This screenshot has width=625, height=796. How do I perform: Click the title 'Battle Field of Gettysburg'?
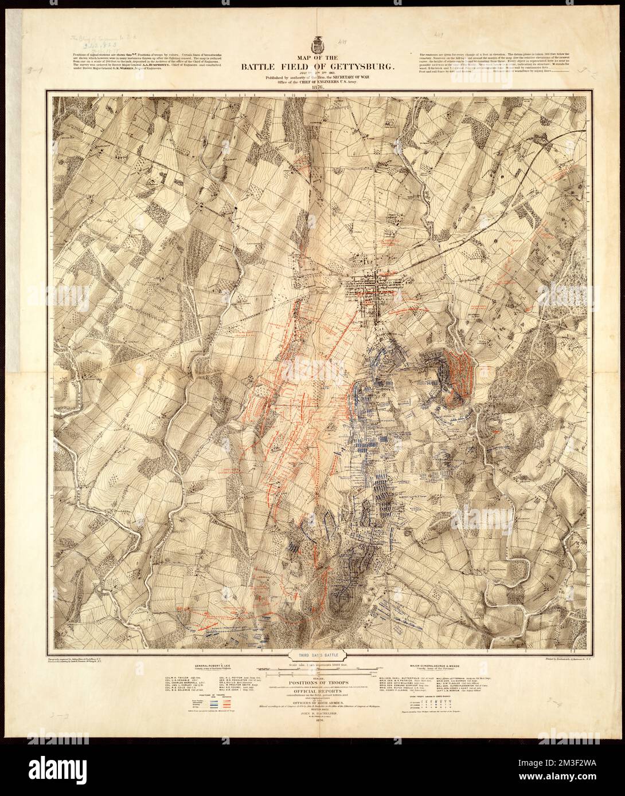pos(312,68)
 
